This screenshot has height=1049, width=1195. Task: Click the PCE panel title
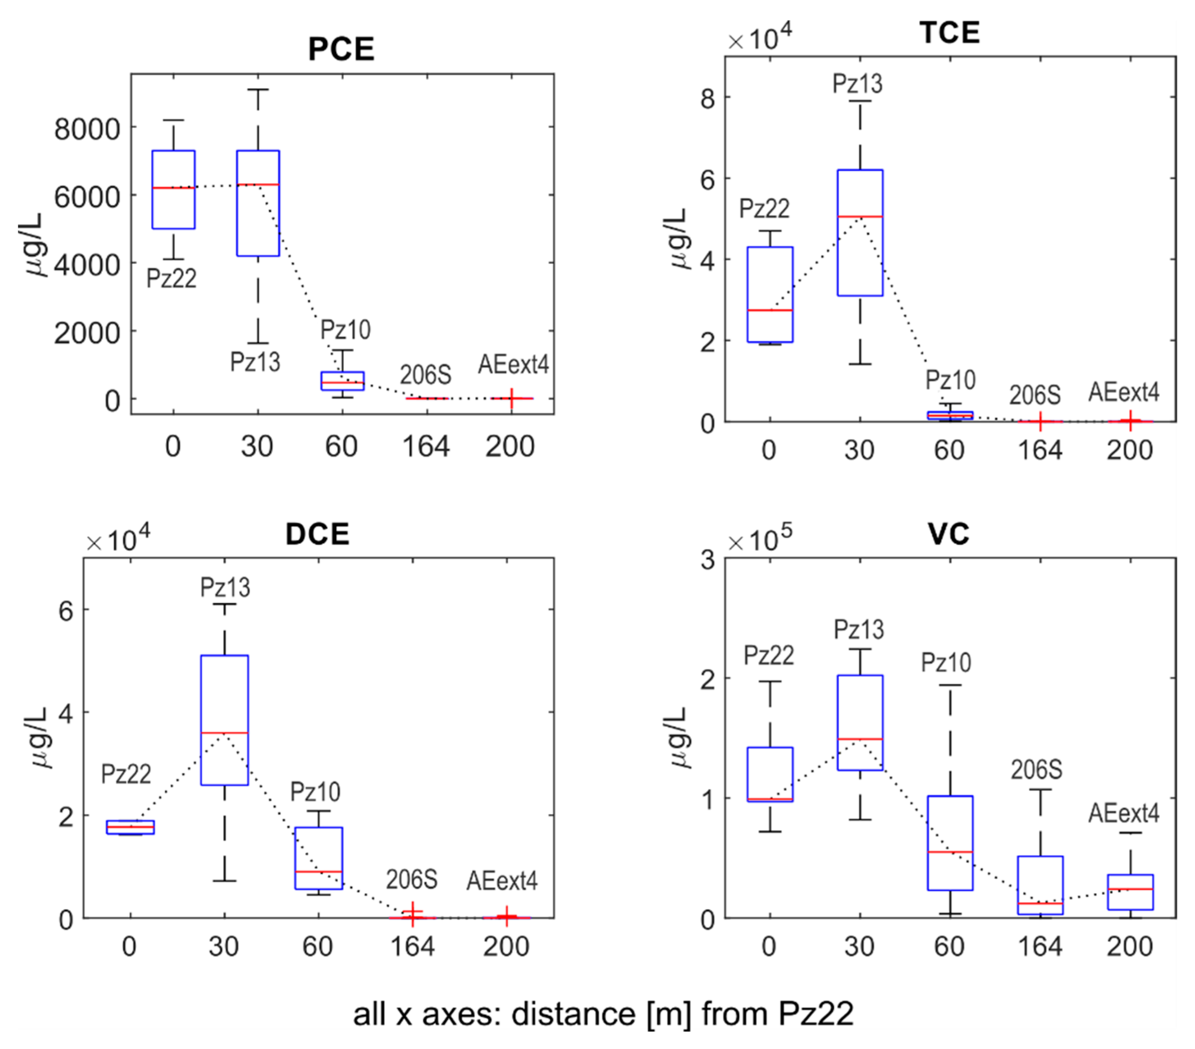click(x=341, y=49)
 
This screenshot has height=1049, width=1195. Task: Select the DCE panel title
click(x=317, y=534)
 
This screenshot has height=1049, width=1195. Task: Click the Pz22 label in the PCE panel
click(x=171, y=278)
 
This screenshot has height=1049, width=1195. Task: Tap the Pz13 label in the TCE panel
click(x=857, y=84)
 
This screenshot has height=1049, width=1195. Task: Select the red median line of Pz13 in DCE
click(x=224, y=733)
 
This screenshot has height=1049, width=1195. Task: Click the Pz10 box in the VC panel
click(x=950, y=842)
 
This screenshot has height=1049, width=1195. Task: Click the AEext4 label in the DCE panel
click(x=502, y=881)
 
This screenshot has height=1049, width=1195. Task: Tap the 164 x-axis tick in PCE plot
click(x=425, y=447)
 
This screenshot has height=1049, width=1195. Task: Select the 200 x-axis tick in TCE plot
click(x=1130, y=451)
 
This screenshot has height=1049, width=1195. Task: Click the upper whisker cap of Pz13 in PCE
click(x=258, y=90)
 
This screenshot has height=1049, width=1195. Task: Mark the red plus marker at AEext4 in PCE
click(x=512, y=399)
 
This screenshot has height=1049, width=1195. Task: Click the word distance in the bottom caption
click(x=573, y=1014)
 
